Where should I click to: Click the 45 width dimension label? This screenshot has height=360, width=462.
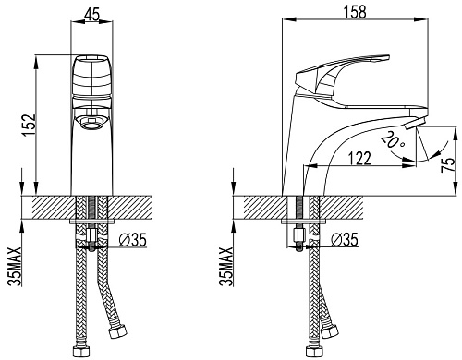(x=91, y=15)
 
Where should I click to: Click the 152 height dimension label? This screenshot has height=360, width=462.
(x=29, y=126)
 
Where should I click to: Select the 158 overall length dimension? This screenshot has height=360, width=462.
(x=355, y=12)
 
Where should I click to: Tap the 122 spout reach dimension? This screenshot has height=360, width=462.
(x=359, y=158)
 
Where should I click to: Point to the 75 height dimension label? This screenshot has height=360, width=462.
(x=448, y=164)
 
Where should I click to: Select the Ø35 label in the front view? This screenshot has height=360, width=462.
(x=133, y=239)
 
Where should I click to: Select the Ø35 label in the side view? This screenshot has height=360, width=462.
(x=345, y=239)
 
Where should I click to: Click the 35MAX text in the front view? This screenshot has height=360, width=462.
(x=16, y=267)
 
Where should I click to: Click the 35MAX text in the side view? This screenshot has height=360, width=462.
(x=226, y=267)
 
